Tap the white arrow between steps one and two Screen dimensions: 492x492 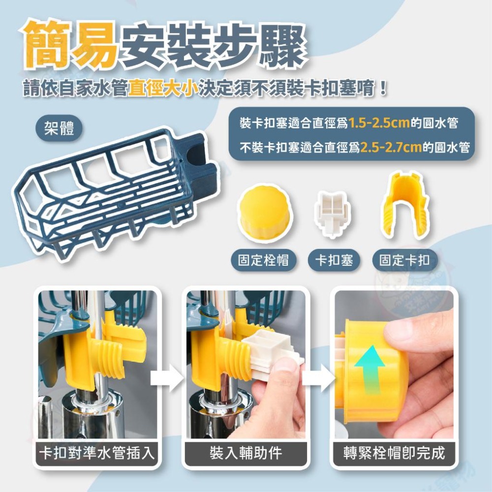[x=167, y=378]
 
